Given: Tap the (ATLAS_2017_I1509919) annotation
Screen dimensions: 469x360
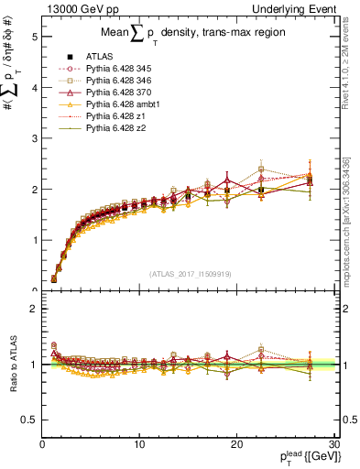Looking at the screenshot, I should pyautogui.click(x=189, y=272).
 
